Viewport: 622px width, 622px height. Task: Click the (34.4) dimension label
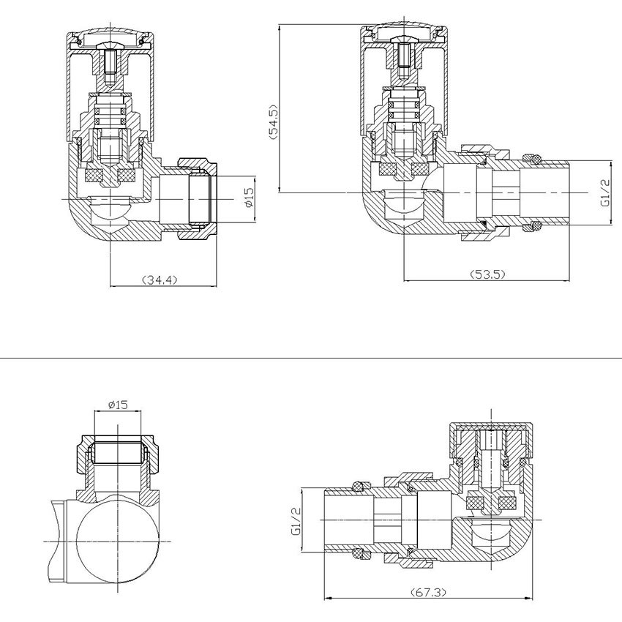tap(160, 280)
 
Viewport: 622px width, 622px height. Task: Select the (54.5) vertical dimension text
tap(274, 121)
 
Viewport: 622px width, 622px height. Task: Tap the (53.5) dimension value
tap(487, 274)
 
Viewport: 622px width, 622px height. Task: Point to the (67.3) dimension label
tap(428, 593)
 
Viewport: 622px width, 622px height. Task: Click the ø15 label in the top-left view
tap(248, 198)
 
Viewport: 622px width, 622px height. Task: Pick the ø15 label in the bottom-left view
tap(117, 405)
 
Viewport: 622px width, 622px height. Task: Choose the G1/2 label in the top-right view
tap(605, 192)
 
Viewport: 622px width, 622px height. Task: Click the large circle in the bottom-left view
tap(118, 542)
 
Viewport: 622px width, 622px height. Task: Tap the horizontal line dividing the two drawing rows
tap(311, 358)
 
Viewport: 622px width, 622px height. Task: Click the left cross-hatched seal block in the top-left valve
tap(94, 175)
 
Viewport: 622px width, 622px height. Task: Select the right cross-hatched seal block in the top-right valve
tap(420, 169)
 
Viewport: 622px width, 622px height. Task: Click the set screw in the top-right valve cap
tap(404, 56)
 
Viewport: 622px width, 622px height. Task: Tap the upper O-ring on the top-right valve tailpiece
tap(533, 159)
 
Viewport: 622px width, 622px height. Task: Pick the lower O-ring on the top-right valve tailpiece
tap(533, 228)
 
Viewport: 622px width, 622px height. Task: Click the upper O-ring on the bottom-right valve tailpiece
tap(361, 486)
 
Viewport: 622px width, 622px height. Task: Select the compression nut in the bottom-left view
tap(118, 454)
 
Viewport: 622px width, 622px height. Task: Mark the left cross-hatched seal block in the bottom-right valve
tap(474, 503)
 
